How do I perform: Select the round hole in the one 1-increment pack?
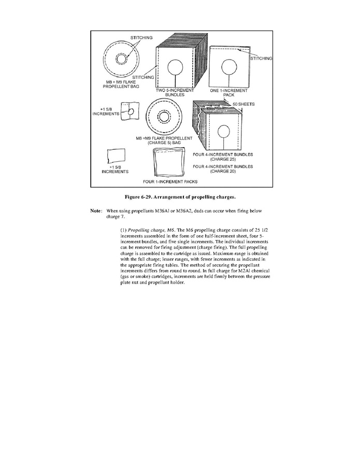(229, 66)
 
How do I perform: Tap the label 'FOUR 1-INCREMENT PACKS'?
(170, 182)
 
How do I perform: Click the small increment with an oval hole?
(129, 112)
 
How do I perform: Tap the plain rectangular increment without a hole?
(116, 155)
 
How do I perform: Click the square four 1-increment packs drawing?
(169, 162)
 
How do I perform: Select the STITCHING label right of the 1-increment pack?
(261, 59)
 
